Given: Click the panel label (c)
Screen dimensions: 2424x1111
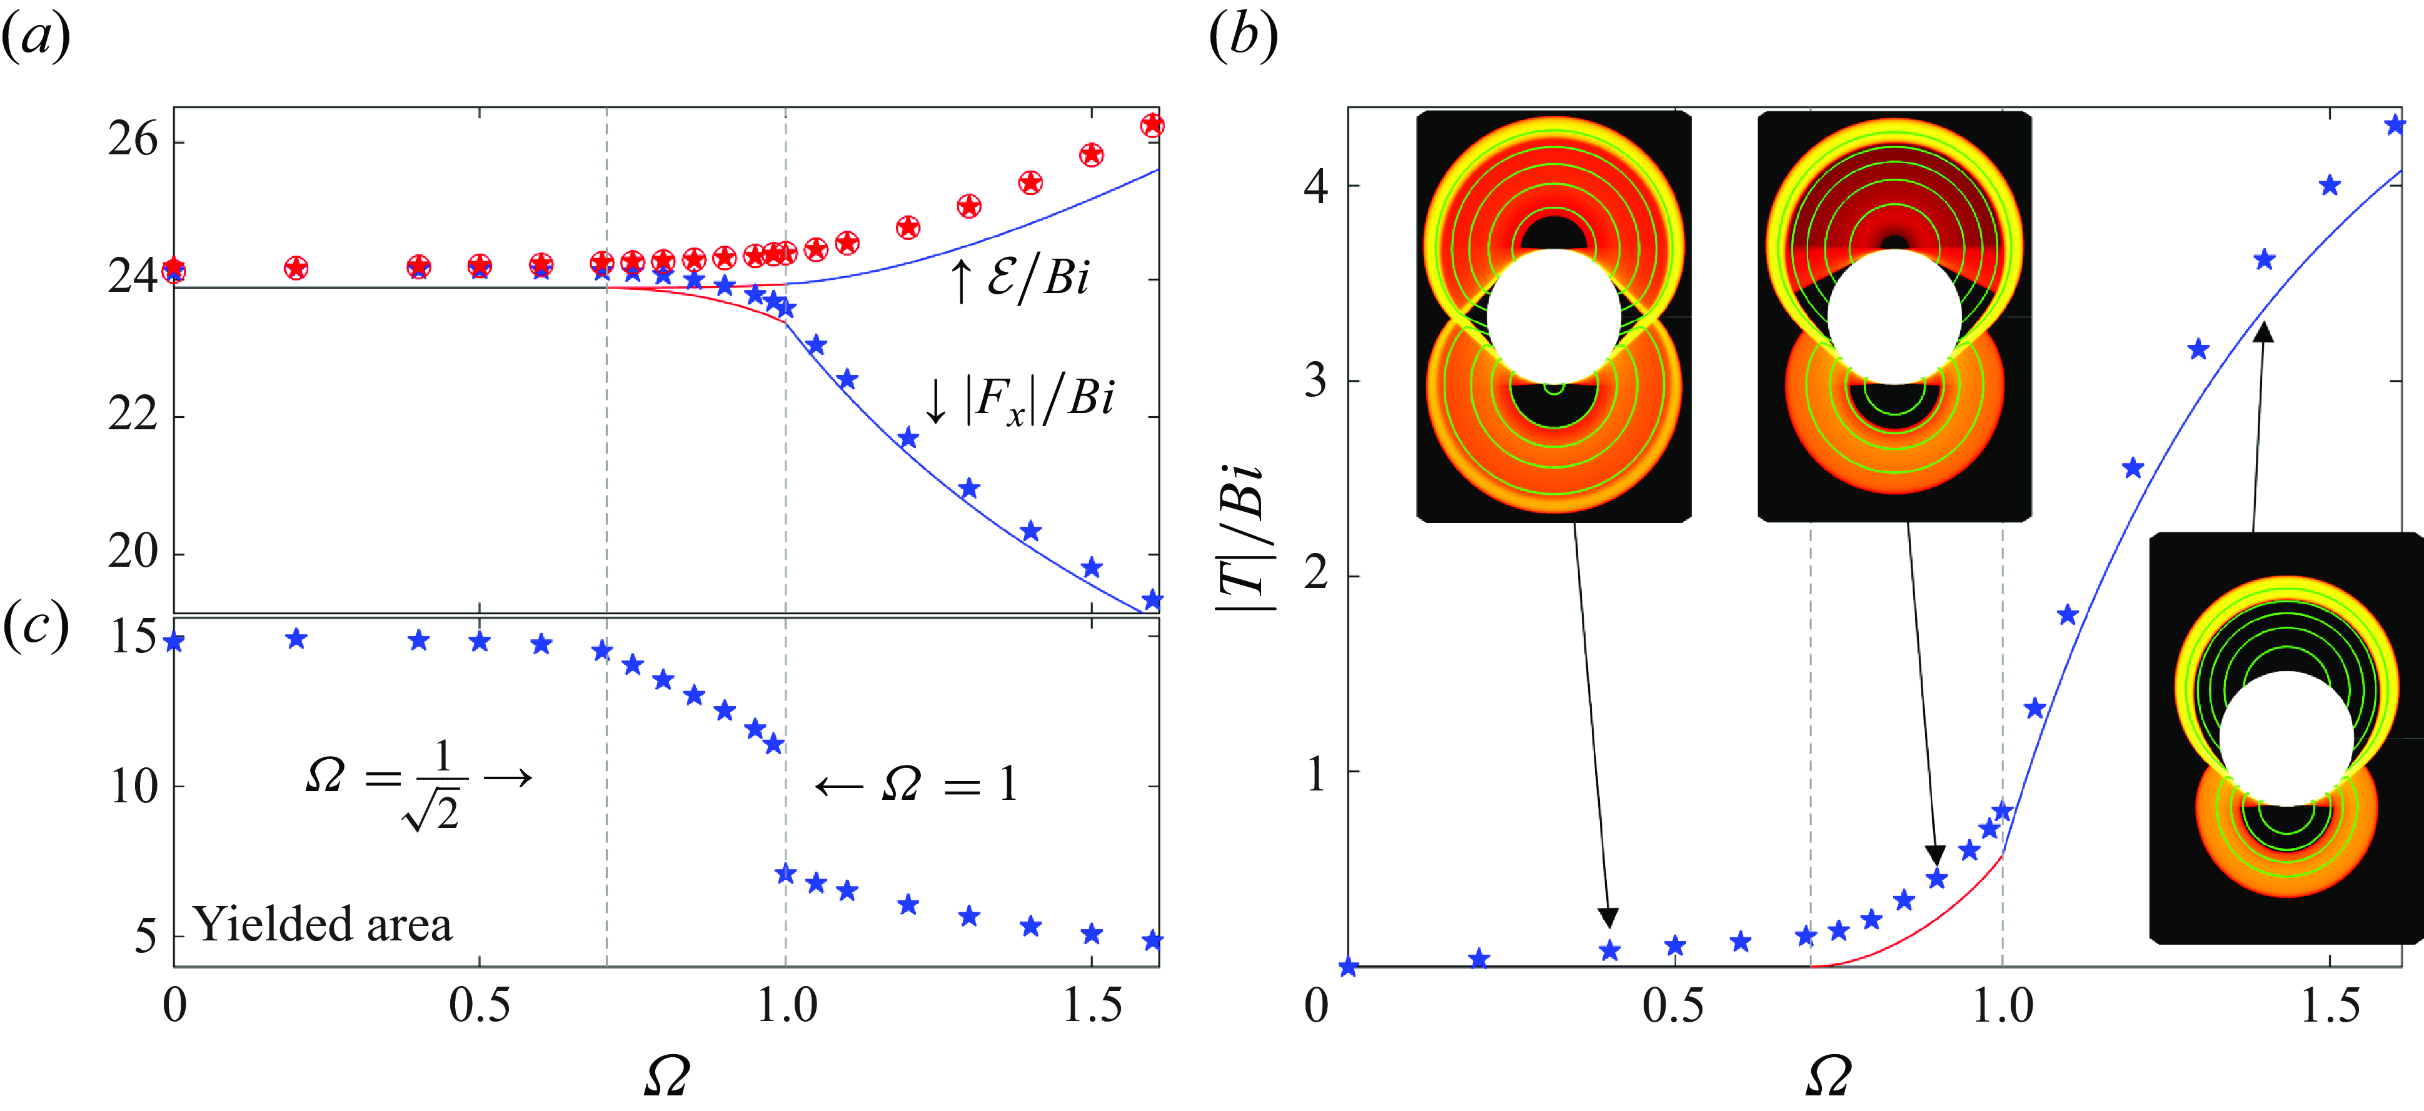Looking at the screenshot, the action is [x=35, y=625].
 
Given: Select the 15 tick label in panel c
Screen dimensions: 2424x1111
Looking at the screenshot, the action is [x=133, y=637].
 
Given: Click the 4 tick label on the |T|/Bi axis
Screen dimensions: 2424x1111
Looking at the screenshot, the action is [x=1315, y=186].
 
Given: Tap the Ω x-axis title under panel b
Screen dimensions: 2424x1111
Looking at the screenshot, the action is [x=1828, y=1075].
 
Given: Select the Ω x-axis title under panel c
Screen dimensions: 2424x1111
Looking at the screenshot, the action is [x=666, y=1075].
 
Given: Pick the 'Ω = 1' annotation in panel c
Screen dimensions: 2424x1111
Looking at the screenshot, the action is [x=915, y=784].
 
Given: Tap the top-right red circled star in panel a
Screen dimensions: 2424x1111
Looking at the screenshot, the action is [x=1152, y=125].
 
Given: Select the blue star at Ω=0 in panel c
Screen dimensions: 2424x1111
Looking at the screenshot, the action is [x=173, y=642].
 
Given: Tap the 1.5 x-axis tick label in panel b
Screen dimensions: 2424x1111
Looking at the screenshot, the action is [x=2330, y=1005].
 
